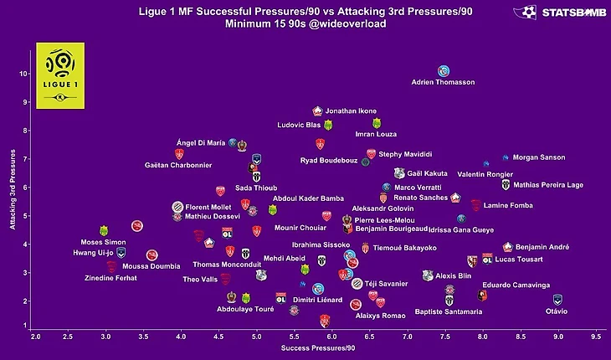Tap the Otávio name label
[x=556, y=311]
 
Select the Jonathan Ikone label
[x=351, y=111]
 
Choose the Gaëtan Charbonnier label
[x=178, y=165]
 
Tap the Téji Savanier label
[x=385, y=284]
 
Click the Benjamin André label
[x=542, y=247]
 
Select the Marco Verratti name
[x=417, y=187]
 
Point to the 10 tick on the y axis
[x=24, y=74]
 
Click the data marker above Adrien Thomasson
[x=444, y=71]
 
